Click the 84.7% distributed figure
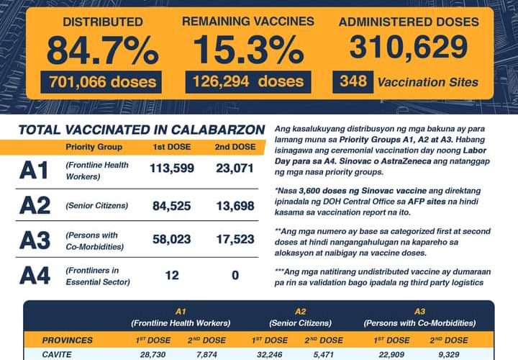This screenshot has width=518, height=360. click(x=103, y=50)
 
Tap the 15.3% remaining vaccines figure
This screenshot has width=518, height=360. click(x=248, y=50)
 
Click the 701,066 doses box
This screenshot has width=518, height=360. click(x=101, y=81)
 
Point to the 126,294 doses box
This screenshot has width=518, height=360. click(x=248, y=81)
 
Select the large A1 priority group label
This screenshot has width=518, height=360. click(x=34, y=171)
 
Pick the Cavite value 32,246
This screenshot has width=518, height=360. click(x=266, y=354)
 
